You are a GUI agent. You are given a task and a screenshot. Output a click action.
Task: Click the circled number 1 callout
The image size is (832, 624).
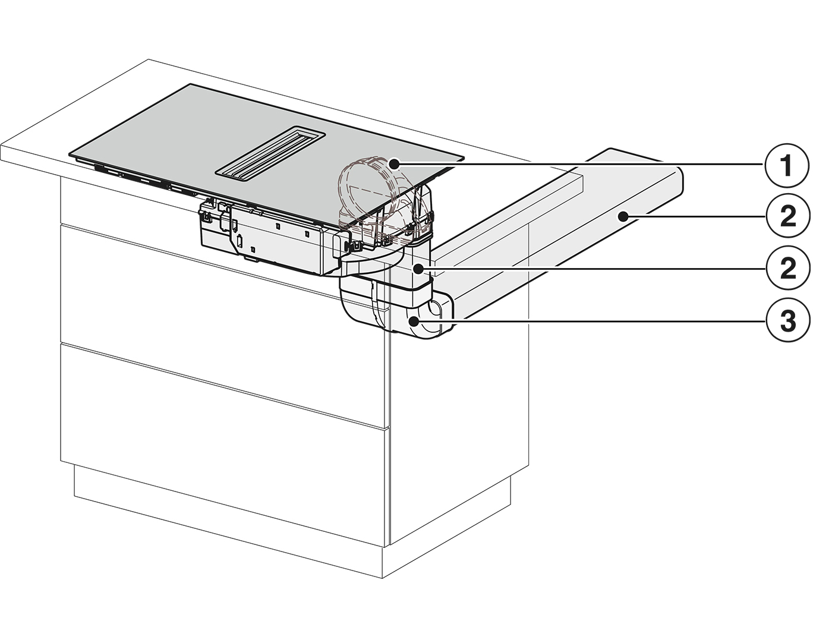pos(787,165)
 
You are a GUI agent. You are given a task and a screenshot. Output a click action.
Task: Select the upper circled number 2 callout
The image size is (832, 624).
pos(787,216)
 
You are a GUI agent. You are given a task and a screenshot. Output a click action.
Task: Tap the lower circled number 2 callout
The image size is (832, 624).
pos(787,268)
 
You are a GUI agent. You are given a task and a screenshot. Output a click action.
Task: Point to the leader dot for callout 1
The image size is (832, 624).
pos(394,165)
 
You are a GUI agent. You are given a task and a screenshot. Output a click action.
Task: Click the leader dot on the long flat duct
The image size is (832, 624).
pos(622,216)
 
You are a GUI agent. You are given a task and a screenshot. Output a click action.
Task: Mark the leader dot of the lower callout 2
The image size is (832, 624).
pos(418,269)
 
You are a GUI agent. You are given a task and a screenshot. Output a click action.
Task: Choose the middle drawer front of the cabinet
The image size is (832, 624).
pos(223,326)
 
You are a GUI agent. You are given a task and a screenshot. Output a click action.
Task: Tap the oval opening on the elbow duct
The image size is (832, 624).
pos(435,309)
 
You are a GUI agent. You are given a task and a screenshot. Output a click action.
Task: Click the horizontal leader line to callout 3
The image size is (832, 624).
pos(590,322)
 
